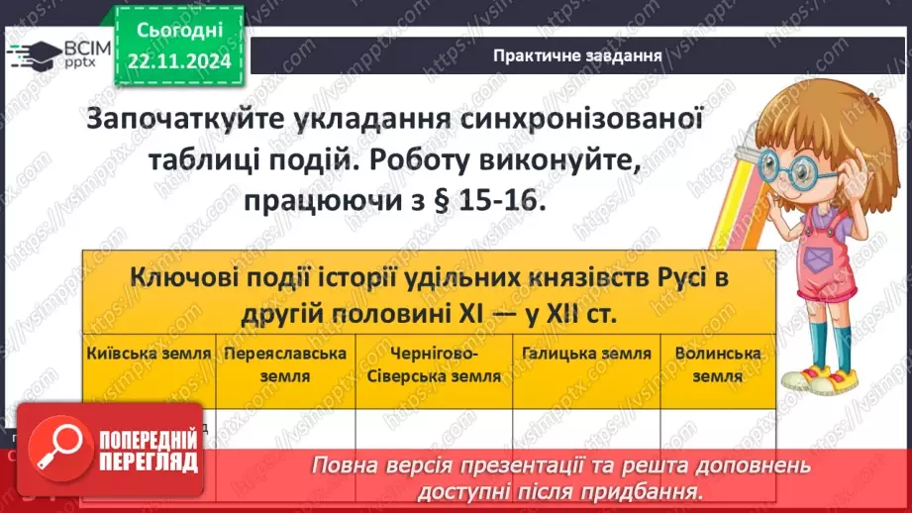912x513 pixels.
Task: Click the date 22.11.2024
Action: (180, 59)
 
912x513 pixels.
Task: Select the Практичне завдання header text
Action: (577, 55)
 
